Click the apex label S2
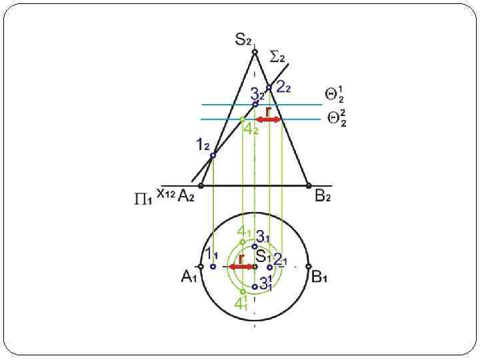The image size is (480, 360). [x=243, y=40]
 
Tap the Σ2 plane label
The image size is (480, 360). [x=278, y=57]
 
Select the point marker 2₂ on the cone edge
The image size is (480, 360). [x=269, y=87]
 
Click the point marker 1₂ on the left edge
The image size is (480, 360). [x=213, y=156]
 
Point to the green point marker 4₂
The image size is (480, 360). [x=242, y=119]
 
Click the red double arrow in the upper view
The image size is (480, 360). [x=269, y=119]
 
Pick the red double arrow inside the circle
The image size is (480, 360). [x=241, y=267]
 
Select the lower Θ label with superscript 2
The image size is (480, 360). [x=336, y=119]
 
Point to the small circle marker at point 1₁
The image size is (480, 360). [x=213, y=267]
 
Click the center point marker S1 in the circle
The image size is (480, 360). [x=255, y=267]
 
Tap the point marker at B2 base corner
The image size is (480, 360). [x=308, y=185]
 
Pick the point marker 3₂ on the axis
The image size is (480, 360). [x=255, y=104]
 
